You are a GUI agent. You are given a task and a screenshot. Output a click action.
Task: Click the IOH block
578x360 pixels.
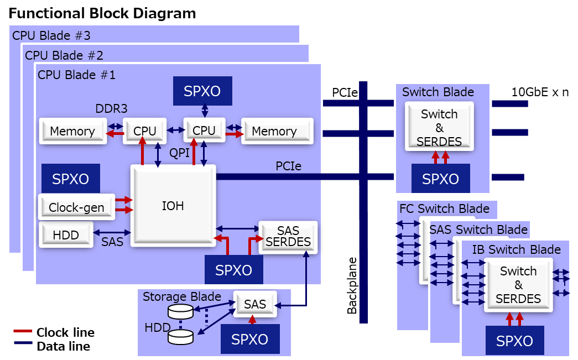point(173,206)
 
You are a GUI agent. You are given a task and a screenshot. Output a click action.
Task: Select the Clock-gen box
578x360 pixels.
point(76,207)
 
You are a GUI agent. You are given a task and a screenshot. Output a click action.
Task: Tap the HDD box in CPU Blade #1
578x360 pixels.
point(66,235)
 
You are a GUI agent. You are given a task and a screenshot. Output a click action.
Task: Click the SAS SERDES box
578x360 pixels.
point(288,237)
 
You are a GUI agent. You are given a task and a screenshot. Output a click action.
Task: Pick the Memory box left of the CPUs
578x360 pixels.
point(72,131)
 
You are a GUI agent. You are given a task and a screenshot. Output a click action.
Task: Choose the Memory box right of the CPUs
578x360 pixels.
point(275,131)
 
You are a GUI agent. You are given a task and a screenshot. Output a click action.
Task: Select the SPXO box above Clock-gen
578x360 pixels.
point(70,179)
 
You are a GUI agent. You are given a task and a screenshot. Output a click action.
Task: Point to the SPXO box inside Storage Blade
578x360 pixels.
point(250,339)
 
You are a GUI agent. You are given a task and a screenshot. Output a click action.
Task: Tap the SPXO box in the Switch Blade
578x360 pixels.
point(441,179)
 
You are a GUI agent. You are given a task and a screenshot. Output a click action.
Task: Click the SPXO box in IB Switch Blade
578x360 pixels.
point(514,341)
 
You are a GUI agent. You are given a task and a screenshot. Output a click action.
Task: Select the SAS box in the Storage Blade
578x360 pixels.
point(255,304)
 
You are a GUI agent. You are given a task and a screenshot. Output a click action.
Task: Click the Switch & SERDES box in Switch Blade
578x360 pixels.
point(439,127)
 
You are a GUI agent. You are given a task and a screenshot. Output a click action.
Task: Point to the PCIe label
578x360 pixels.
point(288,166)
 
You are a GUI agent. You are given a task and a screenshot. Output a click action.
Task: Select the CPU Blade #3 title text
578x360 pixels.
point(51,36)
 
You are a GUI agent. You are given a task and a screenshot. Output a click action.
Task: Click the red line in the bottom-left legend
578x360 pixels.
point(23,331)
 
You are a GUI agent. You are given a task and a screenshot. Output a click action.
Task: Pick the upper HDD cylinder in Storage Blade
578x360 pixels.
point(180,311)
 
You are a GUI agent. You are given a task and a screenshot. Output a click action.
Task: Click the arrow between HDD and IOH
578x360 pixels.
point(112,233)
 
